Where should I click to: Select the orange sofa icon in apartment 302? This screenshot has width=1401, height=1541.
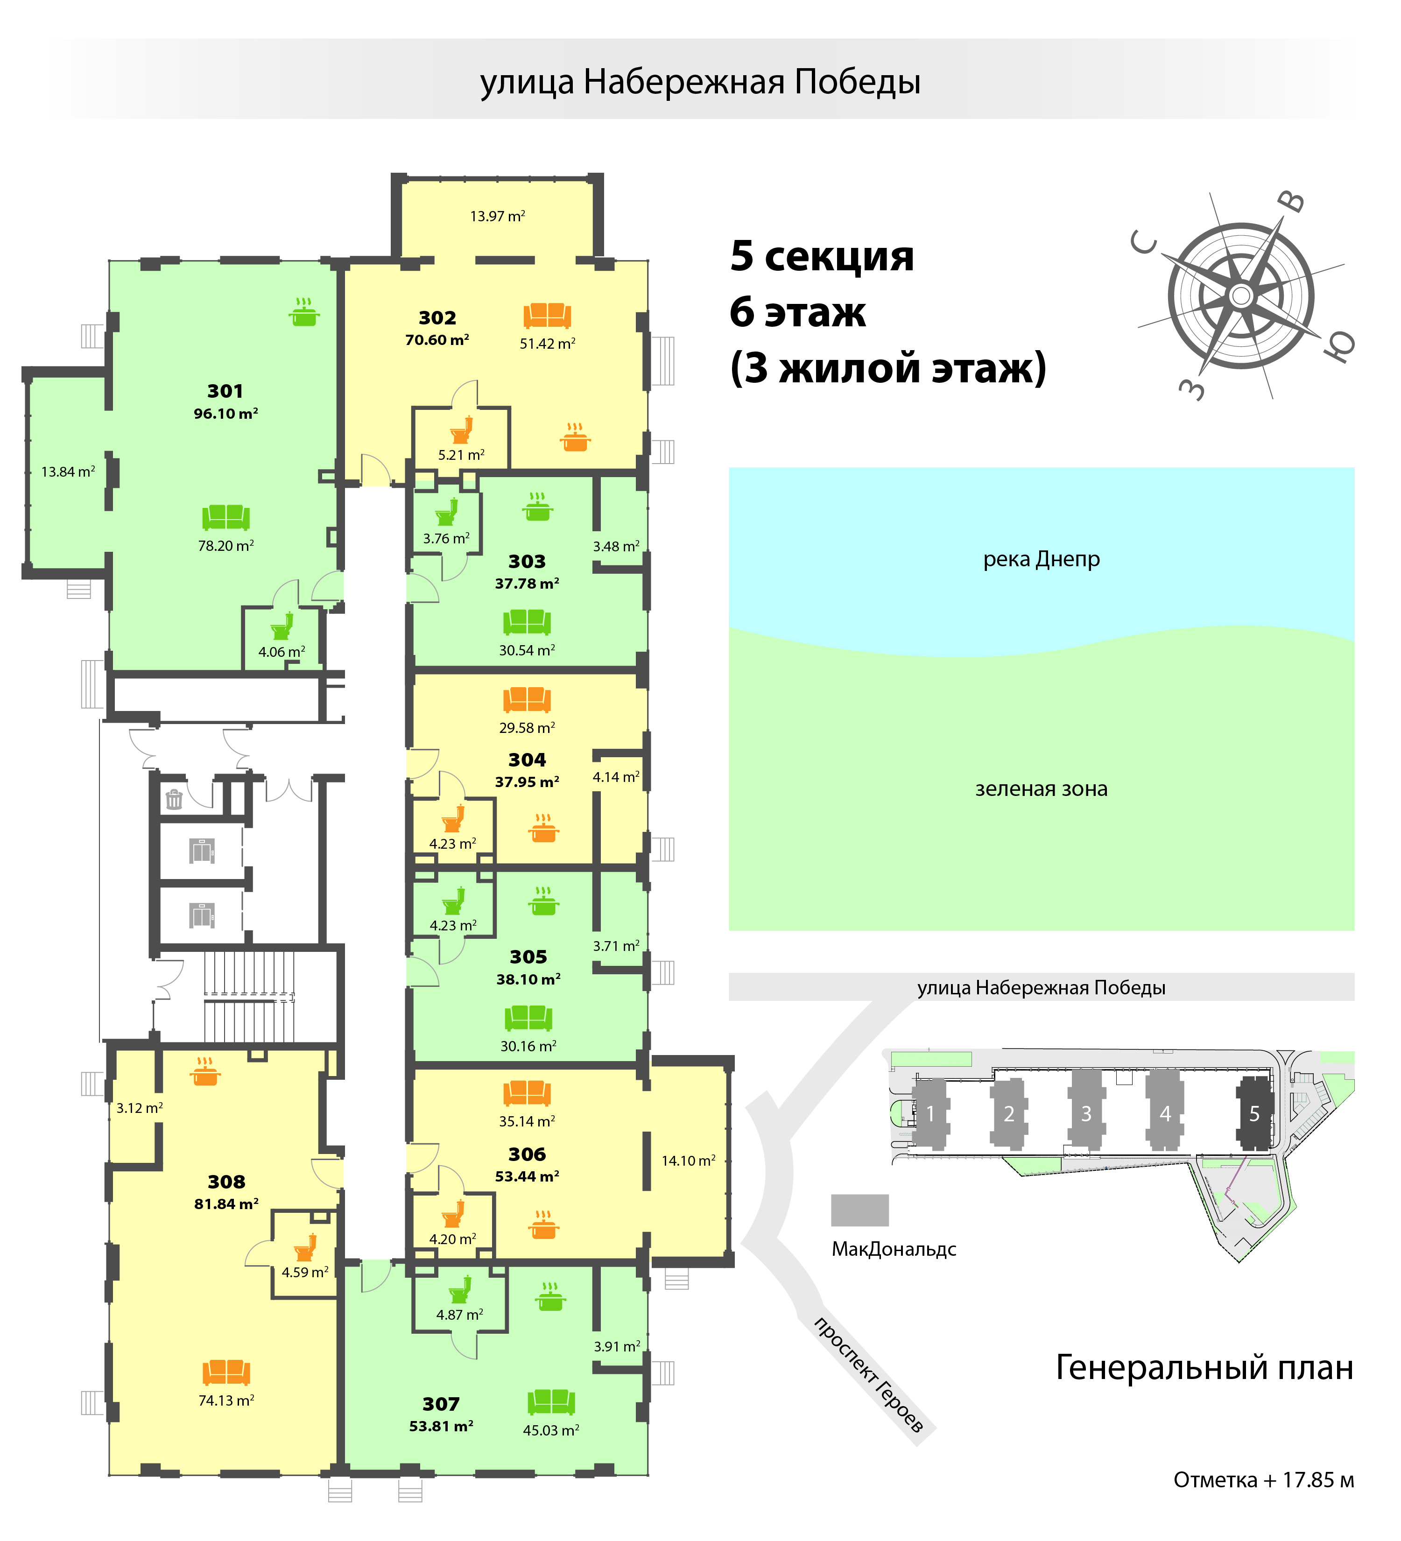tap(547, 315)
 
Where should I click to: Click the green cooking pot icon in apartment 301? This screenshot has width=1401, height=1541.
tap(304, 312)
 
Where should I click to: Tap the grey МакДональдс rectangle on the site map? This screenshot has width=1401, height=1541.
tap(860, 1210)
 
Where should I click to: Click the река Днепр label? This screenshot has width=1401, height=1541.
tap(1041, 560)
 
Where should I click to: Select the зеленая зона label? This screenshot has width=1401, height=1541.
tap(1041, 789)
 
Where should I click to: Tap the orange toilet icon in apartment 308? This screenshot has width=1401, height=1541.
tap(306, 1247)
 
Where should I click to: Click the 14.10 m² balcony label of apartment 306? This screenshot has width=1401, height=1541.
tap(688, 1161)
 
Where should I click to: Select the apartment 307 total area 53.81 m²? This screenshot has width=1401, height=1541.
tap(441, 1426)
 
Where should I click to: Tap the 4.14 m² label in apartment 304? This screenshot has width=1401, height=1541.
tap(616, 777)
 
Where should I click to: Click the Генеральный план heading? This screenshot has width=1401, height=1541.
tap(1204, 1367)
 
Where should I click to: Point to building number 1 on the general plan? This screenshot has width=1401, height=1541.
tap(931, 1114)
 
